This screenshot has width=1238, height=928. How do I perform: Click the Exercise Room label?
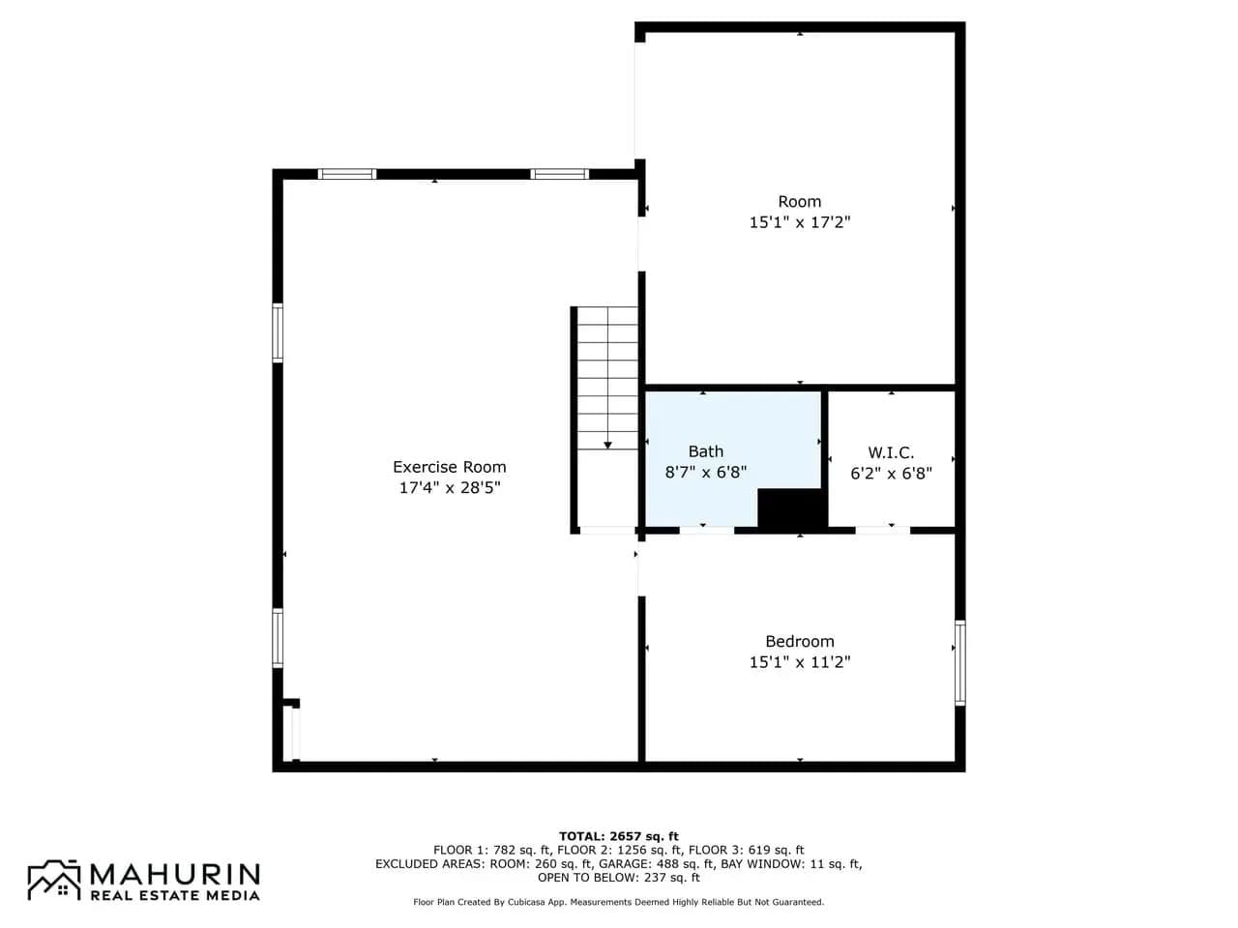click(x=450, y=467)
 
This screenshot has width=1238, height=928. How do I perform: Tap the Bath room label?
click(x=706, y=451)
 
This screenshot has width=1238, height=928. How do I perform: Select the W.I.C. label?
click(x=891, y=452)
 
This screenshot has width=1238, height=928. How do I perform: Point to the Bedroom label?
click(x=799, y=641)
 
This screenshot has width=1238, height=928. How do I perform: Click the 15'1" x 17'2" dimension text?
click(x=799, y=222)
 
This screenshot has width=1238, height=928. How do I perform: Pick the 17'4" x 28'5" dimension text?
click(x=450, y=487)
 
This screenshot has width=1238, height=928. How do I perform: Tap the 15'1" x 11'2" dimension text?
click(x=799, y=661)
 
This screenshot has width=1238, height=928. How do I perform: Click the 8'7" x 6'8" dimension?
click(x=706, y=472)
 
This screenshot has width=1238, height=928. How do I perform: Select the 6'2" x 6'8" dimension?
click(x=891, y=474)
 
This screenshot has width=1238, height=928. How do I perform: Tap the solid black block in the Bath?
click(x=792, y=508)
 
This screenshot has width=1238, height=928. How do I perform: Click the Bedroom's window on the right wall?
click(x=960, y=662)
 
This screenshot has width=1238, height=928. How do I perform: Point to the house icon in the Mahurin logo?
click(x=55, y=880)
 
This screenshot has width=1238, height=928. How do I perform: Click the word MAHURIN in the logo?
click(x=175, y=874)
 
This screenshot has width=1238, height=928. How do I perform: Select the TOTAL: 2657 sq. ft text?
click(x=618, y=836)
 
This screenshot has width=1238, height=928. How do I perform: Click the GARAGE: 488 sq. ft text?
click(x=656, y=864)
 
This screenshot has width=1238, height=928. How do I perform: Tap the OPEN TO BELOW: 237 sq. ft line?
click(x=618, y=878)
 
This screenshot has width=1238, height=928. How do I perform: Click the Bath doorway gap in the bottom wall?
click(x=707, y=530)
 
